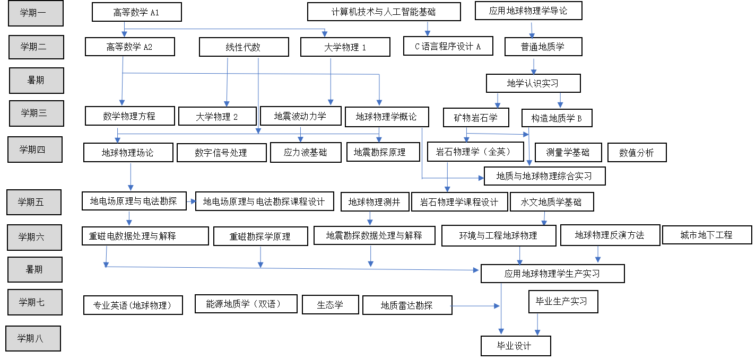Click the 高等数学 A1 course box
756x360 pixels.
coord(137,12)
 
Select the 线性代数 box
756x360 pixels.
coord(244,47)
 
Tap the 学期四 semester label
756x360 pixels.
coord(34,149)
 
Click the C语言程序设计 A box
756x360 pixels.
coord(448,46)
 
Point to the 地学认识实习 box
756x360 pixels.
coord(533,83)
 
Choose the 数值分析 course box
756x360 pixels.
coord(637,153)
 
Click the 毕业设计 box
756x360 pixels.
coord(515,346)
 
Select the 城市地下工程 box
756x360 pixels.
coord(707,234)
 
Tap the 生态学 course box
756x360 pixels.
coord(330,304)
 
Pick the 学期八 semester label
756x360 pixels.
coord(32,338)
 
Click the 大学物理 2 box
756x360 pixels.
coord(217,116)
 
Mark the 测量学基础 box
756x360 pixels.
coord(568,153)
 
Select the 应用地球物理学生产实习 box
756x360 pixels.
coord(552,274)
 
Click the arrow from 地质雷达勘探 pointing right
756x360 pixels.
coord(476,305)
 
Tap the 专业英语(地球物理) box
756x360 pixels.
coord(133,305)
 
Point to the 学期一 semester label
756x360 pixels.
coord(36,14)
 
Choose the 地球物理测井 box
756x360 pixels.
coord(374,201)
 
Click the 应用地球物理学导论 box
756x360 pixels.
coord(528,11)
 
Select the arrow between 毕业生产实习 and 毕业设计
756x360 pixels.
coord(537,323)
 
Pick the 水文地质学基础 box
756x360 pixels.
coord(551,202)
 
